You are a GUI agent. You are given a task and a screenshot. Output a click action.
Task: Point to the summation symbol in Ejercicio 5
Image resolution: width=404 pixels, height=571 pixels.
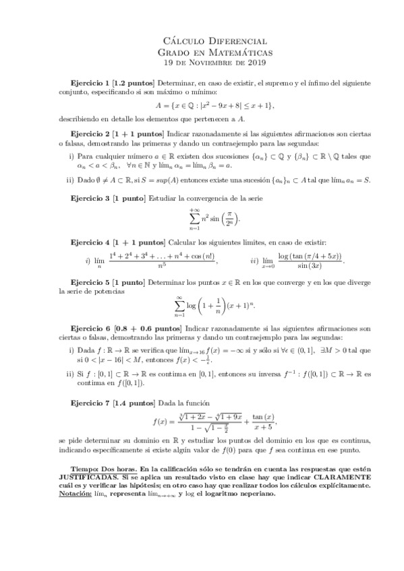tap(180, 304)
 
